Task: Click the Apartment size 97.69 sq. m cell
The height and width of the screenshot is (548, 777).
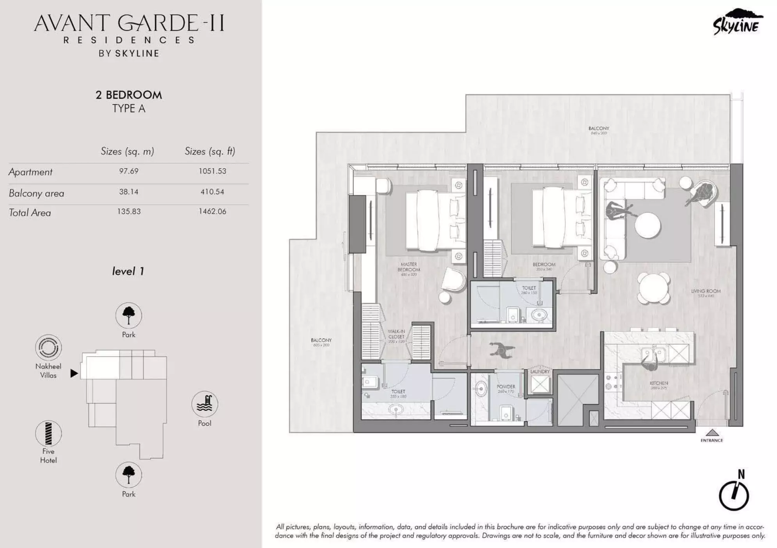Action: coord(129,171)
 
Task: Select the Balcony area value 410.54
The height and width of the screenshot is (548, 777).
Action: coord(212,192)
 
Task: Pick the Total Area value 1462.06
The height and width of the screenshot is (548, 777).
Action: coord(212,211)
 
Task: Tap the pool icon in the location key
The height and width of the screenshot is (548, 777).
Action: coord(204,404)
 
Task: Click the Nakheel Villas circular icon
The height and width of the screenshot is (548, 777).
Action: coord(48,347)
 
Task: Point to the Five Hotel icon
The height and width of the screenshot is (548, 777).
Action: coord(48,433)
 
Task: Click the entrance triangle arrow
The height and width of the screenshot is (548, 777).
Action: coord(712,432)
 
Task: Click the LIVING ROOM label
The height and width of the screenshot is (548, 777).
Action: coord(706,291)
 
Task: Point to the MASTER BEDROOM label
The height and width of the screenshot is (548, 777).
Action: coord(409,267)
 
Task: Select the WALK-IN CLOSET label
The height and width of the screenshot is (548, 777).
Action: coord(396,334)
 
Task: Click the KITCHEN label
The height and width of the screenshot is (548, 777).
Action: coord(659,383)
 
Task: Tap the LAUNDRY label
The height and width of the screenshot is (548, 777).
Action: coord(540,371)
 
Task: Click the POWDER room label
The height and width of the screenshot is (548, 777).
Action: coord(506,387)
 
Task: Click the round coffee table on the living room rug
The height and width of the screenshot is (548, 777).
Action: coord(647,225)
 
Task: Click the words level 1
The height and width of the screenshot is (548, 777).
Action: coord(128,271)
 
